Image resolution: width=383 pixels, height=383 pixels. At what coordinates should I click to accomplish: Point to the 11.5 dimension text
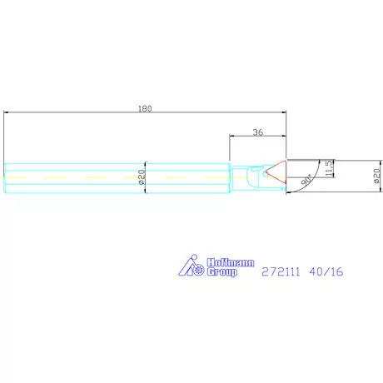pos(330,168)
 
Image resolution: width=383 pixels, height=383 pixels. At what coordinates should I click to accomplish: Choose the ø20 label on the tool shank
pos(141,177)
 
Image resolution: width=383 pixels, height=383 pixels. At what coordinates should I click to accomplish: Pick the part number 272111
pos(281,271)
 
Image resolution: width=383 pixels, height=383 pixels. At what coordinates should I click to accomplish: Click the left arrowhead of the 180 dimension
pos(7,113)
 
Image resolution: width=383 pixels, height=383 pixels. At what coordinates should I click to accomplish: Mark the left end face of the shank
pos(4,177)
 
